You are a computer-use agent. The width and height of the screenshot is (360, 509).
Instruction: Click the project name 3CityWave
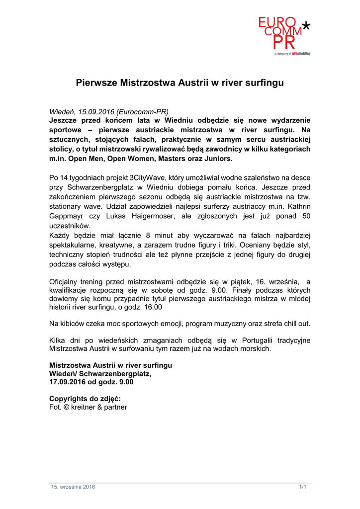[147, 177]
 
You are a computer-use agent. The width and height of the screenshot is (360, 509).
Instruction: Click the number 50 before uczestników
[306, 216]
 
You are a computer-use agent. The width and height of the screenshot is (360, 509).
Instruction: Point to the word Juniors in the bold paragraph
[216, 159]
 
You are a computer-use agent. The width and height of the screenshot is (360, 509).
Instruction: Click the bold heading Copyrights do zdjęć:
[85, 398]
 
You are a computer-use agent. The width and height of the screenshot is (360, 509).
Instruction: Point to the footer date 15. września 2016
[73, 487]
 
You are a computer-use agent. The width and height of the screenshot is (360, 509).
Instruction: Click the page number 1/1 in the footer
[302, 487]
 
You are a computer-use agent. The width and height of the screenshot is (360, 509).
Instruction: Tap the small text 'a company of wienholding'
[292, 53]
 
